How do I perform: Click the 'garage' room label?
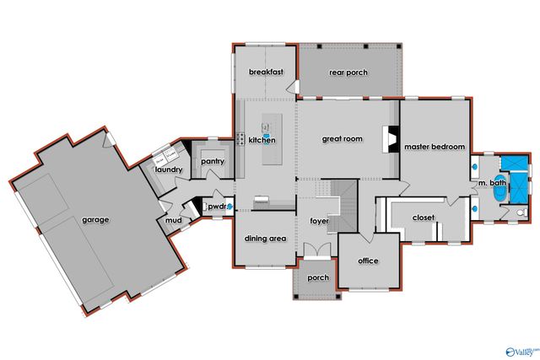click(95, 220)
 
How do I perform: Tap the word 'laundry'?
click(170, 170)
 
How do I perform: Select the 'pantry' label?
click(212, 160)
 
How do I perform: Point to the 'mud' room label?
click(173, 221)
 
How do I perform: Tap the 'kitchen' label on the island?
click(262, 140)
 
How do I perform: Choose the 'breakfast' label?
click(264, 73)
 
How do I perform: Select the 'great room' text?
click(342, 139)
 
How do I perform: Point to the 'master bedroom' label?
click(435, 147)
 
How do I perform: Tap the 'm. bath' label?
click(491, 183)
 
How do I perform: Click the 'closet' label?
click(423, 218)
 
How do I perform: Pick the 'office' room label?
click(368, 261)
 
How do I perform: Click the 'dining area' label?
click(265, 239)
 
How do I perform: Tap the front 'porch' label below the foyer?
click(318, 278)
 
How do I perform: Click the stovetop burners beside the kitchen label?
click(240, 139)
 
